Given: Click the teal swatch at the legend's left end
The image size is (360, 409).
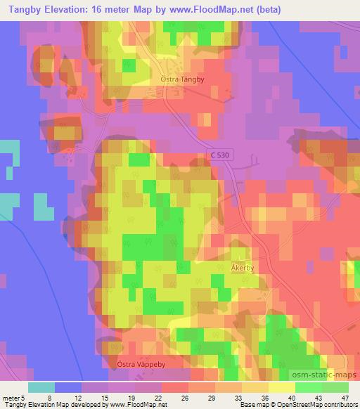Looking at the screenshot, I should [41, 387].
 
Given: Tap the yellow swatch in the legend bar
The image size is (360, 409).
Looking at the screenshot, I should [281, 387].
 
